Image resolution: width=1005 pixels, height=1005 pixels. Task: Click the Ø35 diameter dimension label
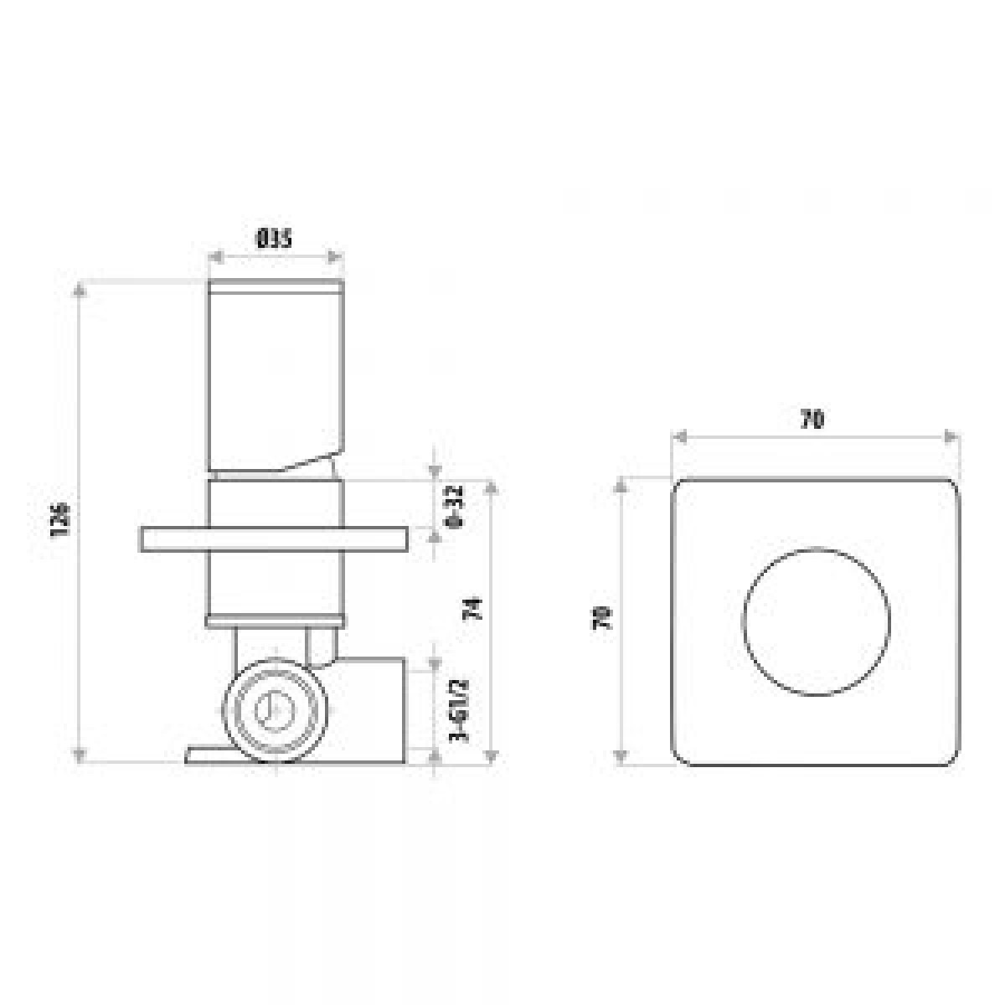tap(275, 240)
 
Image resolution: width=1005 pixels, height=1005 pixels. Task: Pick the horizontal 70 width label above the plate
tap(812, 420)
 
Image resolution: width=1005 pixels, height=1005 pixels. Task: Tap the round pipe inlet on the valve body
tap(273, 709)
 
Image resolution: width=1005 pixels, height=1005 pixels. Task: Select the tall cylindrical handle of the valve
tap(275, 377)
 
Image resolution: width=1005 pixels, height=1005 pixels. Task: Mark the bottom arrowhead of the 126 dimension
tap(80, 756)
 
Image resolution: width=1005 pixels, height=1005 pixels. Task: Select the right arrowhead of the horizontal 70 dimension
tap(951, 436)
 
